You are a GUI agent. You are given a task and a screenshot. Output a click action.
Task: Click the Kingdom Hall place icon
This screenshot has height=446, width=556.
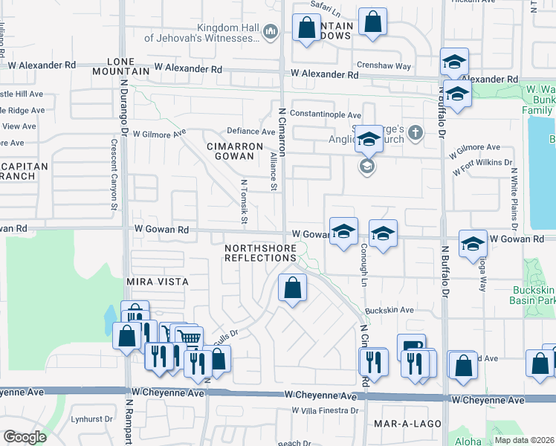[270, 31]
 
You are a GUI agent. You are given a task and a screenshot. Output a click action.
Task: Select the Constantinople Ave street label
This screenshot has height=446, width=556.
[325, 115]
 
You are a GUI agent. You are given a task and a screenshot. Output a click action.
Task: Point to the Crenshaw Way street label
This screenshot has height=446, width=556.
[384, 66]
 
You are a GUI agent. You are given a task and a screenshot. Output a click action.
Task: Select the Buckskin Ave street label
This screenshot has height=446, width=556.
[388, 310]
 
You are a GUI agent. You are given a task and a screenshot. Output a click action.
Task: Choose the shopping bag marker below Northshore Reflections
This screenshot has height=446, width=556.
[293, 287]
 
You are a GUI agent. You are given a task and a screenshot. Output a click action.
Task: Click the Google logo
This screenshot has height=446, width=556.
[25, 437]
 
